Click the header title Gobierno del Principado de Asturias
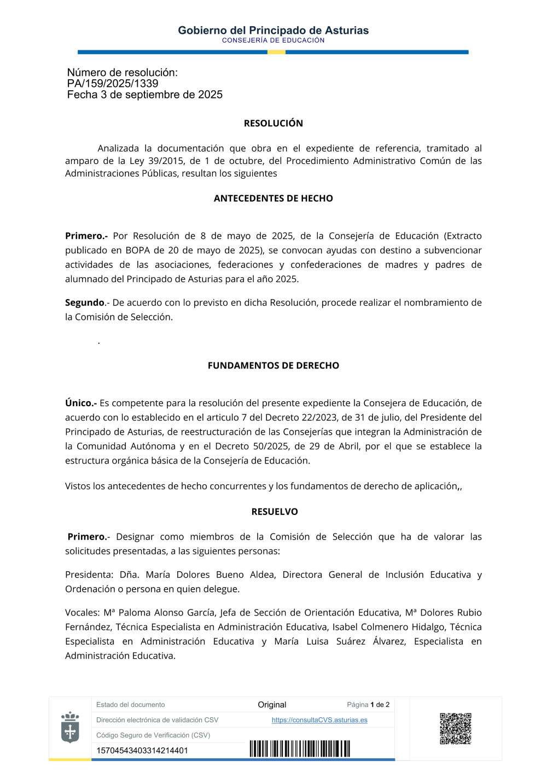coord(273,31)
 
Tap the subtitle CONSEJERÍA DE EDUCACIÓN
coord(273,40)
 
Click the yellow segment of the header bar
coord(276,52)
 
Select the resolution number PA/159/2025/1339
coord(113,84)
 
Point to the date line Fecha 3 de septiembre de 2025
coord(145,95)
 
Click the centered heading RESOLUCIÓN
coord(273,124)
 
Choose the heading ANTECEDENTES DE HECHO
coord(273,198)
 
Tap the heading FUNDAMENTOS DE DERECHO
coord(273,366)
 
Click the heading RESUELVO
coord(275,512)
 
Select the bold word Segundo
coord(85,303)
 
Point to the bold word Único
coord(80,403)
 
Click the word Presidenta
coord(89,575)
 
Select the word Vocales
coord(82,613)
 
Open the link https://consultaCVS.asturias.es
coord(319,720)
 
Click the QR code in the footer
coord(456,728)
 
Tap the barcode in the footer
coord(300,748)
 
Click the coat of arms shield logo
coord(70,728)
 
